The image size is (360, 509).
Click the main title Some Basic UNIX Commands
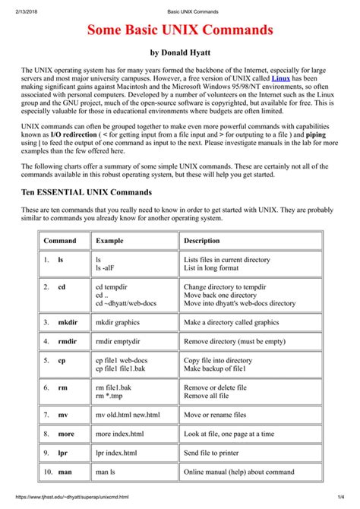tap(180, 31)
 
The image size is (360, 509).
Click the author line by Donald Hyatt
tap(180, 53)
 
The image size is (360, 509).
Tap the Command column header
tap(59, 240)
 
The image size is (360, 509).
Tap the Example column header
tap(109, 240)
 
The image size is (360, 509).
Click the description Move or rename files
tap(215, 415)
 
